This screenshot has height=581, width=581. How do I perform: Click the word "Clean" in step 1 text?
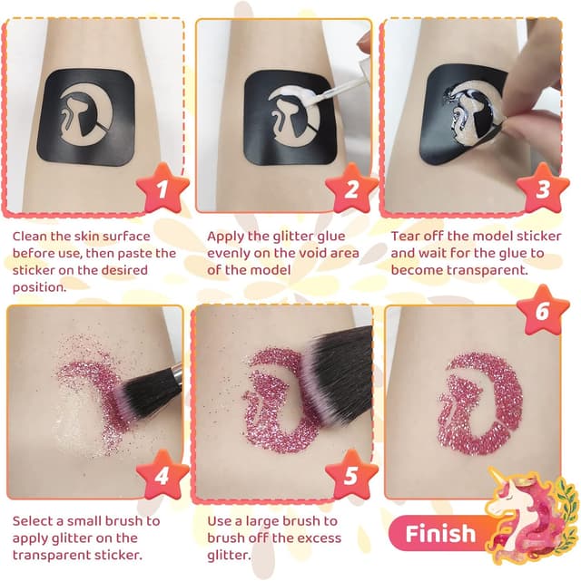pos(34,237)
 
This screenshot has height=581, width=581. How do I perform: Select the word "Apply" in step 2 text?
pos(226,237)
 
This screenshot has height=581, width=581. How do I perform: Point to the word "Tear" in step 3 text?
pos(407,237)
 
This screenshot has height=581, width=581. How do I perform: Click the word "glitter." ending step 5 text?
pos(229,556)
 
